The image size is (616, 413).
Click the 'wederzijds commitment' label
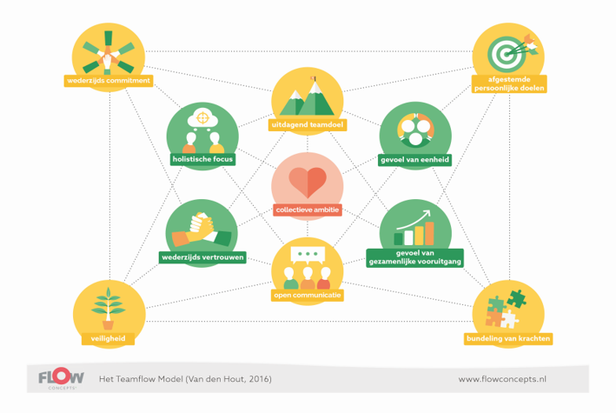[x=109, y=81]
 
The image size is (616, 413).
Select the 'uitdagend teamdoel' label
[x=308, y=125]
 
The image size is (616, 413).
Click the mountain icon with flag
[x=308, y=97]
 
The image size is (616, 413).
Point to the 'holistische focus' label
[x=202, y=159]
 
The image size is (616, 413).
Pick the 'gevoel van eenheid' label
[x=415, y=160]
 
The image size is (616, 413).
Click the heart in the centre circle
[x=308, y=181]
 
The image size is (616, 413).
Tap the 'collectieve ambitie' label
[x=308, y=210]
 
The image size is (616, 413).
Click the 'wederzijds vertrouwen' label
[x=202, y=257]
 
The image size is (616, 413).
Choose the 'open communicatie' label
[x=308, y=296]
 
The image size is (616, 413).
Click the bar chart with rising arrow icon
[x=415, y=229]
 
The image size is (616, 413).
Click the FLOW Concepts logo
[x=62, y=378]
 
